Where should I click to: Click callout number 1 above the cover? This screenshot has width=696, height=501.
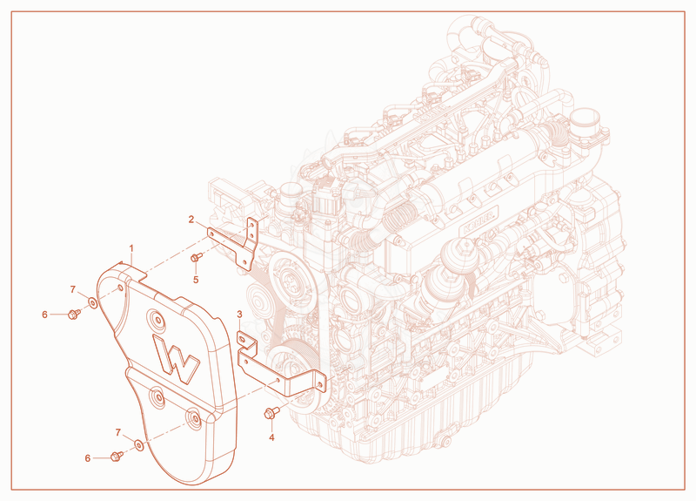[131, 247]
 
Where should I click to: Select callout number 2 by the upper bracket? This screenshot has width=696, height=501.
[191, 220]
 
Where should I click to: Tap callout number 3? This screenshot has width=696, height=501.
[240, 315]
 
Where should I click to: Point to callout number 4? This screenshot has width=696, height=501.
[271, 437]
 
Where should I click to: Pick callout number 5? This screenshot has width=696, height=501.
[196, 280]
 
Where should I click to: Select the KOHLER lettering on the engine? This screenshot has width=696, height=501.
[481, 220]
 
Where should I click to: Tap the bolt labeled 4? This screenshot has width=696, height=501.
[271, 413]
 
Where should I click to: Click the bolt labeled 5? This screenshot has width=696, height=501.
[197, 256]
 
